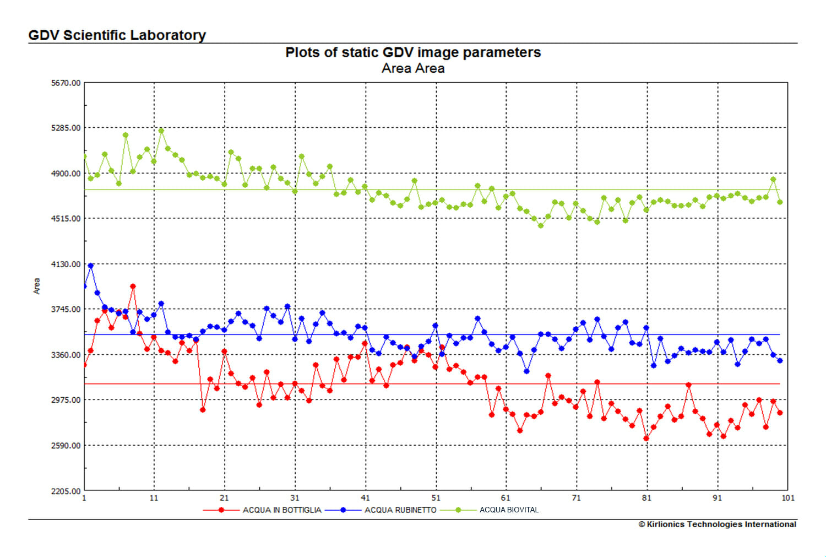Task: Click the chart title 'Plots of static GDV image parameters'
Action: coord(413,52)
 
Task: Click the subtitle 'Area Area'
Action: coord(413,68)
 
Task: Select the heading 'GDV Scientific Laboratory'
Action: coord(117,35)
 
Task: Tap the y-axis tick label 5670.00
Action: coord(66,83)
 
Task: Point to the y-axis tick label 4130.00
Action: coord(66,264)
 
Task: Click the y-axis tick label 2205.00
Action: coord(66,491)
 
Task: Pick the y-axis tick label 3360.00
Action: coord(66,355)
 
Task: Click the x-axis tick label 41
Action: coord(365,498)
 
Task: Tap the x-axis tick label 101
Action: coord(788,498)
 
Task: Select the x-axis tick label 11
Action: coord(154,498)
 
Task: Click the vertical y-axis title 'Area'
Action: coord(37,286)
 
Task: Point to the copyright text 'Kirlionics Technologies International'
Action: coord(717,524)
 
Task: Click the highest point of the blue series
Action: coord(91,266)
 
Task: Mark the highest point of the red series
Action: coord(133,286)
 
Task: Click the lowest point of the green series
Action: coord(541,225)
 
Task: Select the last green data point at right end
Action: coord(780,202)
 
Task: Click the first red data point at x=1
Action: coord(84,365)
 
